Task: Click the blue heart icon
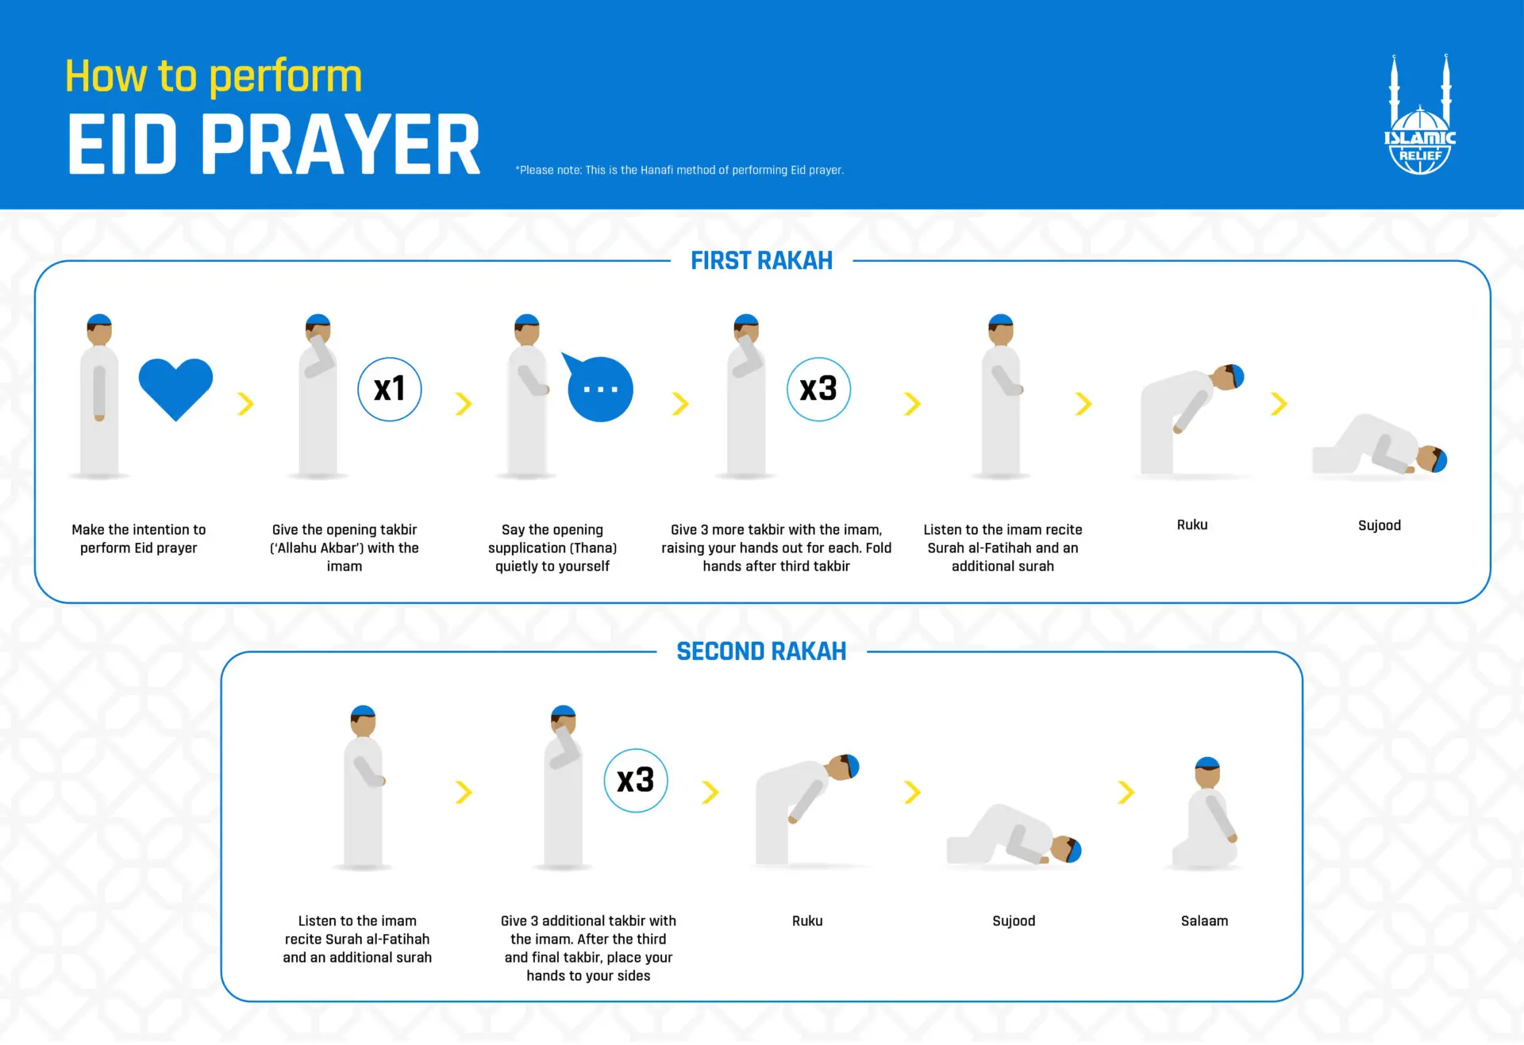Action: [x=175, y=386]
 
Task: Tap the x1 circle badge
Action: [x=389, y=389]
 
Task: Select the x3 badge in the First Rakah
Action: [x=818, y=389]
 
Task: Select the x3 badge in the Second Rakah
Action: [x=636, y=780]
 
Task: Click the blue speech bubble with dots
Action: [x=600, y=389]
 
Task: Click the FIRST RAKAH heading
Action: [x=761, y=261]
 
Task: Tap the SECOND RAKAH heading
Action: [x=761, y=651]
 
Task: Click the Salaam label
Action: [x=1204, y=920]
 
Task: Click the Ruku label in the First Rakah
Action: [x=1191, y=524]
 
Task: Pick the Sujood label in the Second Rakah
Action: [x=1014, y=920]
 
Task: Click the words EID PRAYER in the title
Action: [x=274, y=144]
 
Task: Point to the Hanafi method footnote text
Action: [x=679, y=170]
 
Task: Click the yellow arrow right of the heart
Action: [x=246, y=404]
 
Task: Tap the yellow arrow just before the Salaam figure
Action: [x=1126, y=792]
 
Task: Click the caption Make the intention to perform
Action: [x=138, y=538]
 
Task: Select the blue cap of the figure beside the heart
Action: [x=99, y=319]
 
